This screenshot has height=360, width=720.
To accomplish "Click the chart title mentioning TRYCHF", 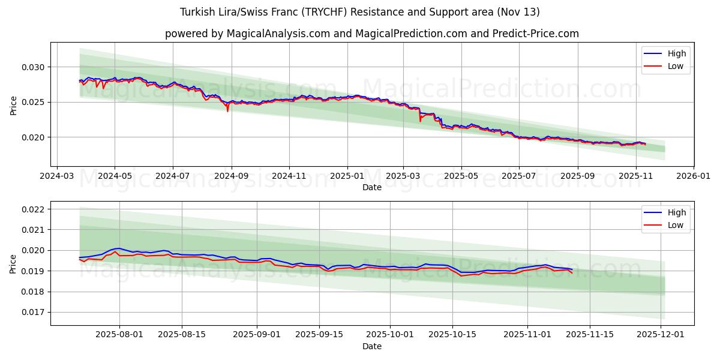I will coord(360,12).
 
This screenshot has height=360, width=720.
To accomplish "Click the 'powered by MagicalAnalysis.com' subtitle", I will coord(372,34).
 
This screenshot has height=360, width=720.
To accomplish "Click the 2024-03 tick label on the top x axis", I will coord(56,177).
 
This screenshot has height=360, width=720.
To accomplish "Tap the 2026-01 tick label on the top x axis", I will coord(694,177).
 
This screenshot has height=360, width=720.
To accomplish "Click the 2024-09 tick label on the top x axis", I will coord(231,177).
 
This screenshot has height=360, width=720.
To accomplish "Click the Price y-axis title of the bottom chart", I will coord(13,263).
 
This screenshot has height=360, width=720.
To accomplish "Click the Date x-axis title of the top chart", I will coord(372,188).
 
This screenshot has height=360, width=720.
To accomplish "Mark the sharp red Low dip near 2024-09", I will coord(227,111).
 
